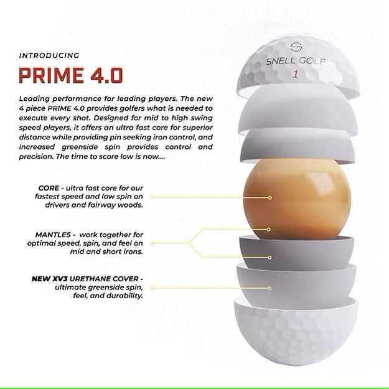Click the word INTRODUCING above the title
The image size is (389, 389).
click(x=49, y=55)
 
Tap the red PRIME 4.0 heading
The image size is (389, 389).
click(x=71, y=75)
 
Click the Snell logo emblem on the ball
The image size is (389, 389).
click(x=296, y=47)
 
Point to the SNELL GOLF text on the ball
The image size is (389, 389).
click(x=296, y=61)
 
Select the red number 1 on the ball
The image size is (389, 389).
click(x=295, y=74)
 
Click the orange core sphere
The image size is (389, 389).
click(x=298, y=199)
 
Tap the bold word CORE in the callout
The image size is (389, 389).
click(x=49, y=188)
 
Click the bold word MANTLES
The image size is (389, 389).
click(x=53, y=235)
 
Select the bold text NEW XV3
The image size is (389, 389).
click(x=49, y=279)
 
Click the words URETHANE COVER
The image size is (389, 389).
click(x=104, y=279)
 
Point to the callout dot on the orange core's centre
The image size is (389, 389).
click(x=269, y=197)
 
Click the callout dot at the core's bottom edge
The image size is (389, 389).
click(x=268, y=230)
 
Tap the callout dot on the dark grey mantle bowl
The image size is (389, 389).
click(x=269, y=258)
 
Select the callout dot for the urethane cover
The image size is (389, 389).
click(x=269, y=288)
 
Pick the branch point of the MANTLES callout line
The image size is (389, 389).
click(x=189, y=243)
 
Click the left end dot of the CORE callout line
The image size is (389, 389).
click(x=152, y=197)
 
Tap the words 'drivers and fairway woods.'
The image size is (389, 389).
click(x=94, y=205)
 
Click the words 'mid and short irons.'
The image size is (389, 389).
click(x=106, y=251)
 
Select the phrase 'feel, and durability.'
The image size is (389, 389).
click(x=108, y=296)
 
